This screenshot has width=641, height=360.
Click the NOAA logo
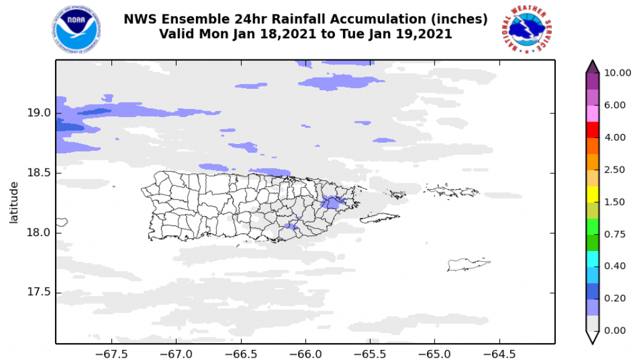pyautogui.click(x=76, y=29)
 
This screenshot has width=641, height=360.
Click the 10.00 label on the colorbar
pyautogui.click(x=618, y=73)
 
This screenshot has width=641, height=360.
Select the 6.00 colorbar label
pyautogui.click(x=615, y=105)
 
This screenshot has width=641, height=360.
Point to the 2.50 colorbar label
pyautogui.click(x=615, y=170)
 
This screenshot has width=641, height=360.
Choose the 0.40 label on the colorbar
pyautogui.click(x=615, y=266)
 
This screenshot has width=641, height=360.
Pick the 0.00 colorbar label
pyautogui.click(x=615, y=331)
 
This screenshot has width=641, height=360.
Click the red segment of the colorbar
pyautogui.click(x=592, y=129)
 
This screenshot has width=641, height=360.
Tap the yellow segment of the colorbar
pyautogui.click(x=592, y=193)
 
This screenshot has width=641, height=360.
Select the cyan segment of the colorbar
pyautogui.click(x=592, y=257)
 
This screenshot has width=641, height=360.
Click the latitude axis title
pyautogui.click(x=14, y=202)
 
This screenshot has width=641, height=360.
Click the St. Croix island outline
pyautogui.click(x=468, y=265)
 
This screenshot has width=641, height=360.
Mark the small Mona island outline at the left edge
pyautogui.click(x=61, y=222)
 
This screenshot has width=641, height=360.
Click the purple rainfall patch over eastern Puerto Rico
pyautogui.click(x=332, y=203)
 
